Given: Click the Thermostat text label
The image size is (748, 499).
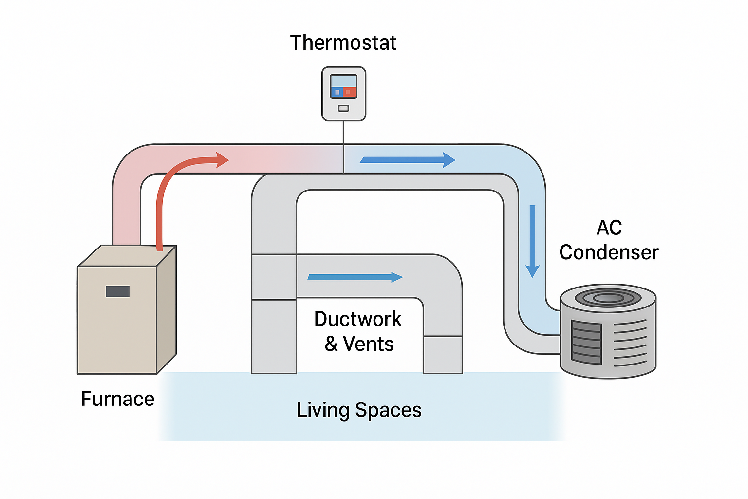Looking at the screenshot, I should pos(343,43).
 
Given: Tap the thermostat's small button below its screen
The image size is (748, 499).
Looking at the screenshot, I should pos(343,108).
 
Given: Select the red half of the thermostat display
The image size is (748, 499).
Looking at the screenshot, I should pos(350,92).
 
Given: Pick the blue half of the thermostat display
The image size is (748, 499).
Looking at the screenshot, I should pos(337,92).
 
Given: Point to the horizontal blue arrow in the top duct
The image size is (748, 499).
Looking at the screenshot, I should pos(407,160).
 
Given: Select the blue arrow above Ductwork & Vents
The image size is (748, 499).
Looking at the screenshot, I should pos(355,277).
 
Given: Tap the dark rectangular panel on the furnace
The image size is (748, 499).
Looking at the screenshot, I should pos(117,291).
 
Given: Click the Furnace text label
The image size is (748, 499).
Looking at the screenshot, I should pos(117,399).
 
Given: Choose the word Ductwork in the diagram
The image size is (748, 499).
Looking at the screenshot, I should pos(357,319).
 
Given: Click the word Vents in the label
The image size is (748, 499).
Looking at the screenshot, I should pos(368,344).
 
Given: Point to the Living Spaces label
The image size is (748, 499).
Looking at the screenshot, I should pos(359,410).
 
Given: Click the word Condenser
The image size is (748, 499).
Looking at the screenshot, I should pos(608,252).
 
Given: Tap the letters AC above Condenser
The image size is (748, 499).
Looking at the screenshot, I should pos(609,228).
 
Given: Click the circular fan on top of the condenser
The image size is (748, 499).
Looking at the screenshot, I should pos(608,298).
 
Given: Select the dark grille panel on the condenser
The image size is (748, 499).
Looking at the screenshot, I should pos(586,343).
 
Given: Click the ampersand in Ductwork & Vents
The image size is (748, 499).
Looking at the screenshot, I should pos(331,344).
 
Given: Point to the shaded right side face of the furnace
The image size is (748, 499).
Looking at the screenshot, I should pos(167,309).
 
